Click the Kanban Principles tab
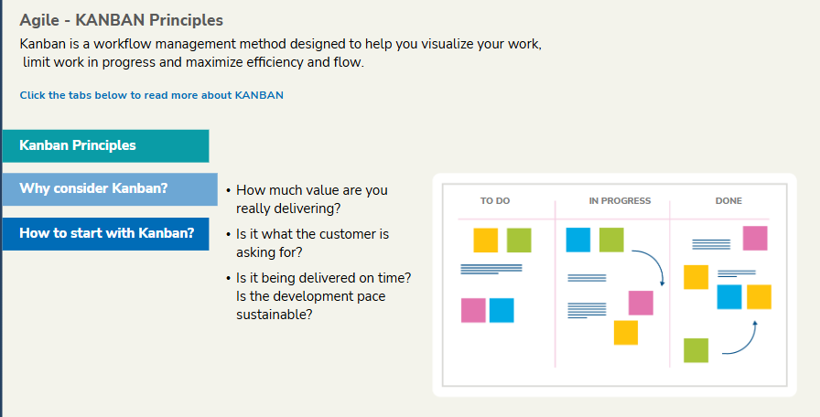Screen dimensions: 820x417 point(105,145)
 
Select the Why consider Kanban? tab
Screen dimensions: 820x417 point(110,189)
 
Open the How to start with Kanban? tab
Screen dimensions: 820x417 point(105,233)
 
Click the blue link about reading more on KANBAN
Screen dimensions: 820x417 point(152,95)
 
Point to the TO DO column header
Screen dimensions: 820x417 point(495,200)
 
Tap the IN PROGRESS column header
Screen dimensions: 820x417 point(620,200)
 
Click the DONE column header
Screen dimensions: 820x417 point(728,200)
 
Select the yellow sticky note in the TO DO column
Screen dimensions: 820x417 point(486,241)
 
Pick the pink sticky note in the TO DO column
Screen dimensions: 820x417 point(473,310)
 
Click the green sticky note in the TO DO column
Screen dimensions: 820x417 point(519,241)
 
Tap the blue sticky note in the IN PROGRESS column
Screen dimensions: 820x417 point(577,240)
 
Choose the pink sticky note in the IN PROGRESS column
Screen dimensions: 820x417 point(641,303)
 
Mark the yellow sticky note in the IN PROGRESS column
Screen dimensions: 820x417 point(626,333)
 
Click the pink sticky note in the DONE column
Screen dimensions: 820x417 point(755,239)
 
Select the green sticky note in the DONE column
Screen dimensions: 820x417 point(696,350)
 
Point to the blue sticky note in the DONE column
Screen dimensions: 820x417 point(729,297)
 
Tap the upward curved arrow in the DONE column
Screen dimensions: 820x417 point(748,346)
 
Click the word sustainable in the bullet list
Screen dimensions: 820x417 point(272,315)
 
